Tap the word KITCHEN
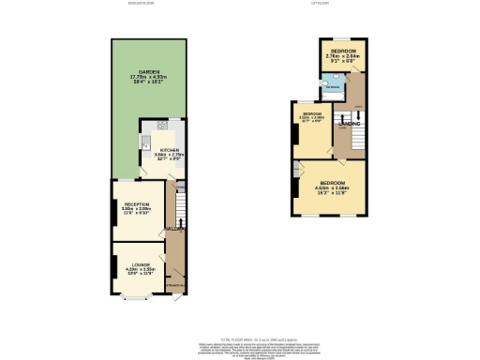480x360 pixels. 169,150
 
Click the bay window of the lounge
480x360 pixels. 138,300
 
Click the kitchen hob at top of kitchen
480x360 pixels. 163,125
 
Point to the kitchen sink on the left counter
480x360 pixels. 145,143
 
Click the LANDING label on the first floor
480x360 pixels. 350,123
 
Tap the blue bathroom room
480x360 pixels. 331,88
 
